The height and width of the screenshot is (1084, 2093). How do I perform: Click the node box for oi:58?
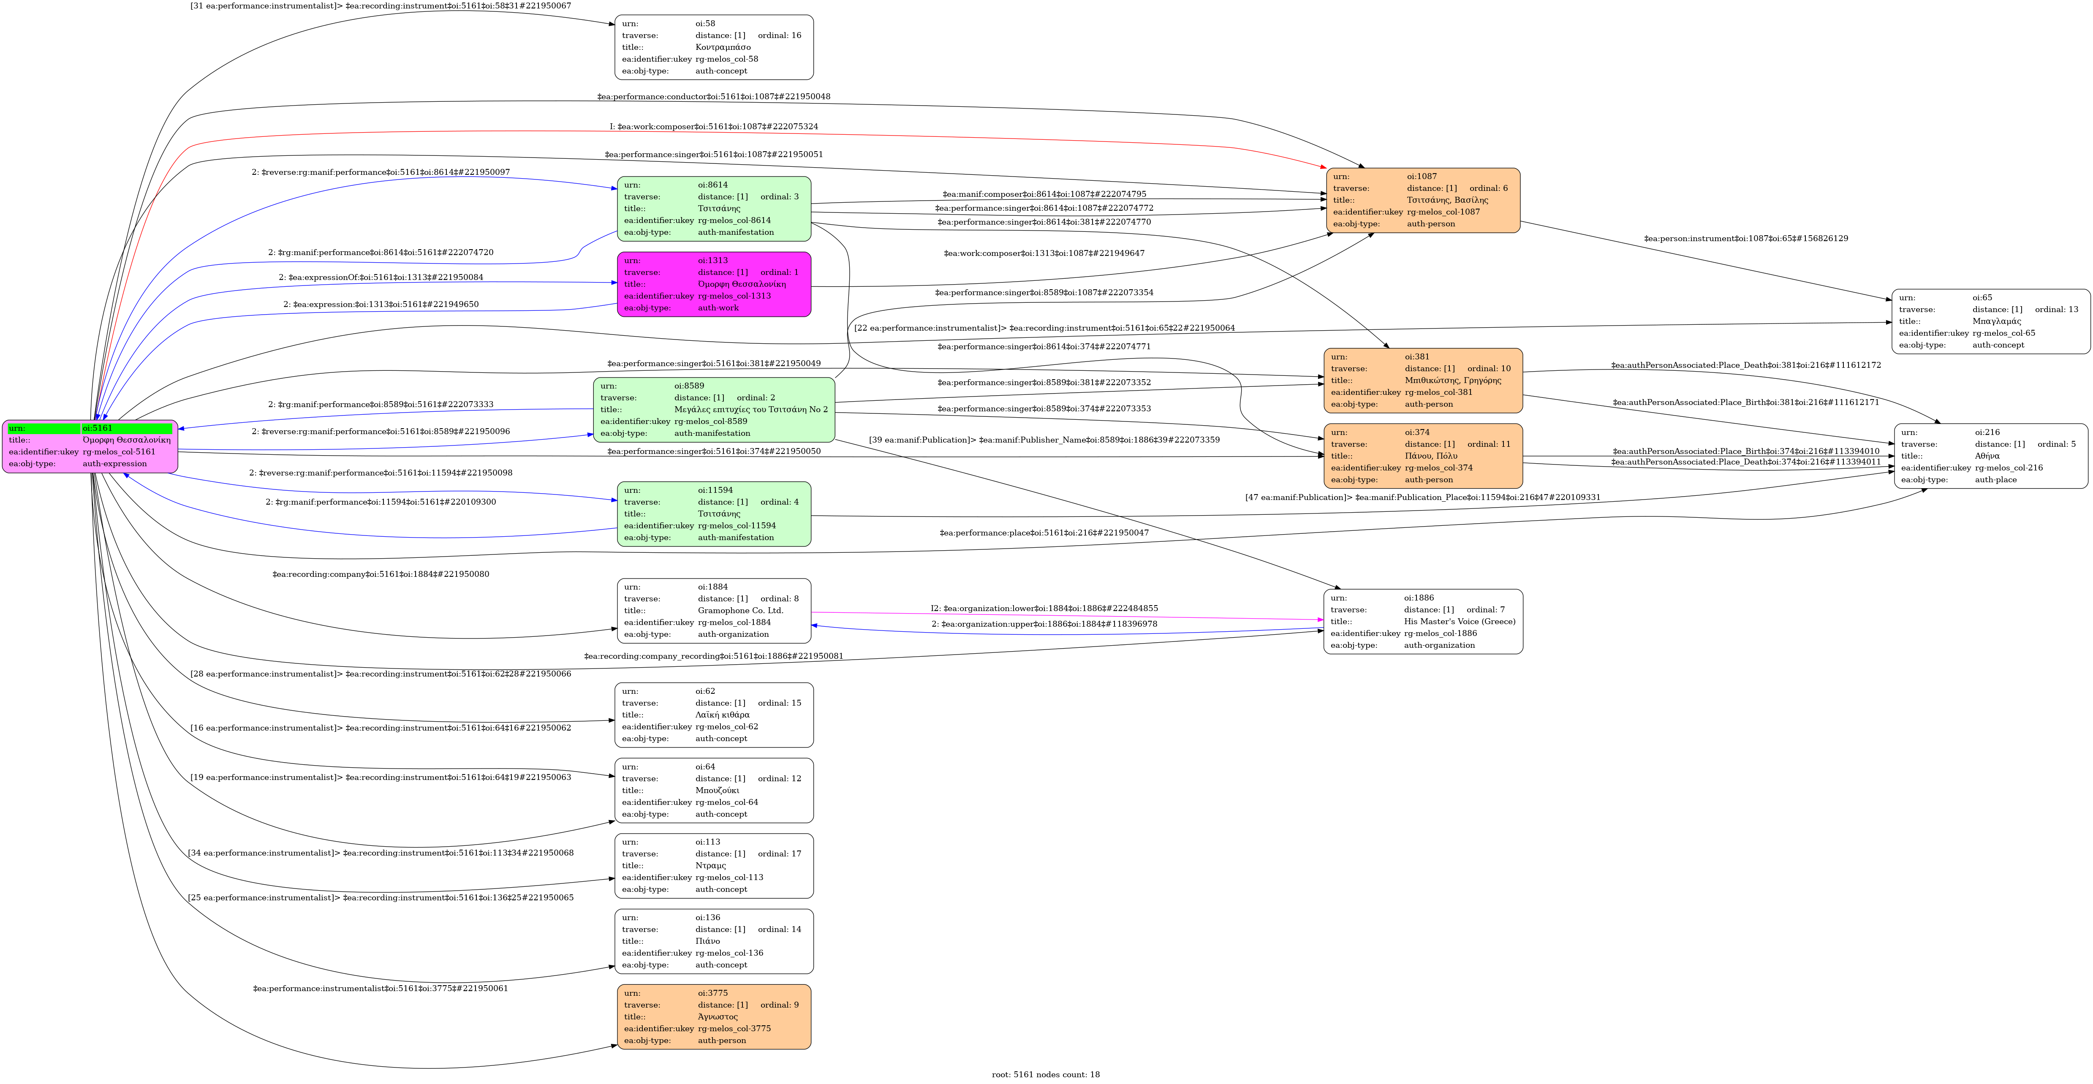[x=713, y=47]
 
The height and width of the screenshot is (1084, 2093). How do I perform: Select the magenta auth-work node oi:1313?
[x=713, y=285]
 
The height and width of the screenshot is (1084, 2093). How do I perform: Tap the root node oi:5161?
[x=90, y=446]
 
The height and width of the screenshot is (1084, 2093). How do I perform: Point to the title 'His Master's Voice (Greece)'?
[x=1459, y=622]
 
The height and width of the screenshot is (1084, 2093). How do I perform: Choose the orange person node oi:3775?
[x=713, y=1016]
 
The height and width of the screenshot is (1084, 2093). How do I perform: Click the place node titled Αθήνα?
[x=1990, y=456]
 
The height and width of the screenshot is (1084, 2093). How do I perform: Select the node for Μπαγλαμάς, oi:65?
[x=1990, y=321]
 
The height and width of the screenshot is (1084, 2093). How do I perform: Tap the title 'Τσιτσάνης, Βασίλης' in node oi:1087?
[x=1447, y=200]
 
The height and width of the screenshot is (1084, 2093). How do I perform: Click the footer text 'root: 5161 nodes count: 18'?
[x=1046, y=1074]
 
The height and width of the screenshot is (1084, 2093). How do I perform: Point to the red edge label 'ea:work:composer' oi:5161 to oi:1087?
[x=713, y=127]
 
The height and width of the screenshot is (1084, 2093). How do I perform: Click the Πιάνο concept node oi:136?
[x=713, y=941]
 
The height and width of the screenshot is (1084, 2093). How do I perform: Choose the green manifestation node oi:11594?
[x=713, y=513]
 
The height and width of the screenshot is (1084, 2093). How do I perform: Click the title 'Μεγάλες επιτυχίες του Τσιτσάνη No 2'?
[x=751, y=410]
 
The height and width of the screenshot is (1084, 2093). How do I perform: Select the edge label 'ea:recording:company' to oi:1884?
[x=380, y=574]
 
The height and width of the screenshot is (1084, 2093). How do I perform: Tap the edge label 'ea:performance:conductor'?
[x=713, y=97]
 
